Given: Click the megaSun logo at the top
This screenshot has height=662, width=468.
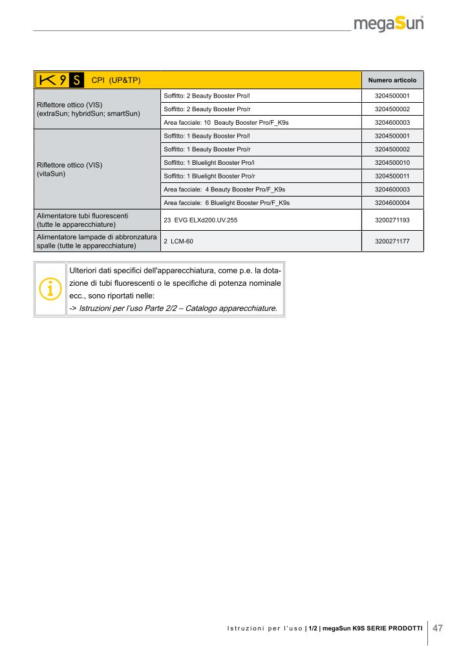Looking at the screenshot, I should [x=388, y=25].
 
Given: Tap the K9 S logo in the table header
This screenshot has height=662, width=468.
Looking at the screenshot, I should [x=59, y=80].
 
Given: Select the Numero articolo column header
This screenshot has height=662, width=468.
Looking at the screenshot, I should [x=392, y=81].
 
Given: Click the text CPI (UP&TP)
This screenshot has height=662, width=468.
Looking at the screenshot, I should [x=117, y=80].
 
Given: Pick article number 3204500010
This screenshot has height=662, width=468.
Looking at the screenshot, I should [x=392, y=162].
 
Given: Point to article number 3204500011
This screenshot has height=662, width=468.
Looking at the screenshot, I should [x=392, y=176].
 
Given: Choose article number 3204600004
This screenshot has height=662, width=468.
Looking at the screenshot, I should [x=392, y=202].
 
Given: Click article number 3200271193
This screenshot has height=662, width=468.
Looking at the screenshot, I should [x=392, y=220].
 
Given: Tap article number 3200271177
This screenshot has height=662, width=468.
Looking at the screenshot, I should [x=392, y=241].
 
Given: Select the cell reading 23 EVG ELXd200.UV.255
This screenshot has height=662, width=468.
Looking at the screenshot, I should [x=201, y=220].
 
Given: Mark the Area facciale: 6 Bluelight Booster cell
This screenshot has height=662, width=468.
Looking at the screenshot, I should [x=226, y=202].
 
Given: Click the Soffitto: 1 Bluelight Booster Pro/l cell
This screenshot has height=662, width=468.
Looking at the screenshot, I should [x=209, y=162].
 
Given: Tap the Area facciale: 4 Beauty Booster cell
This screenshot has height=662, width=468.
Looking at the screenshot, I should [x=224, y=189].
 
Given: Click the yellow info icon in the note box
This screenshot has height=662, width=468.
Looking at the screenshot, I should [x=50, y=288].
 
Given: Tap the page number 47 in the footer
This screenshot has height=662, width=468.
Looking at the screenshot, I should [x=438, y=628].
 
